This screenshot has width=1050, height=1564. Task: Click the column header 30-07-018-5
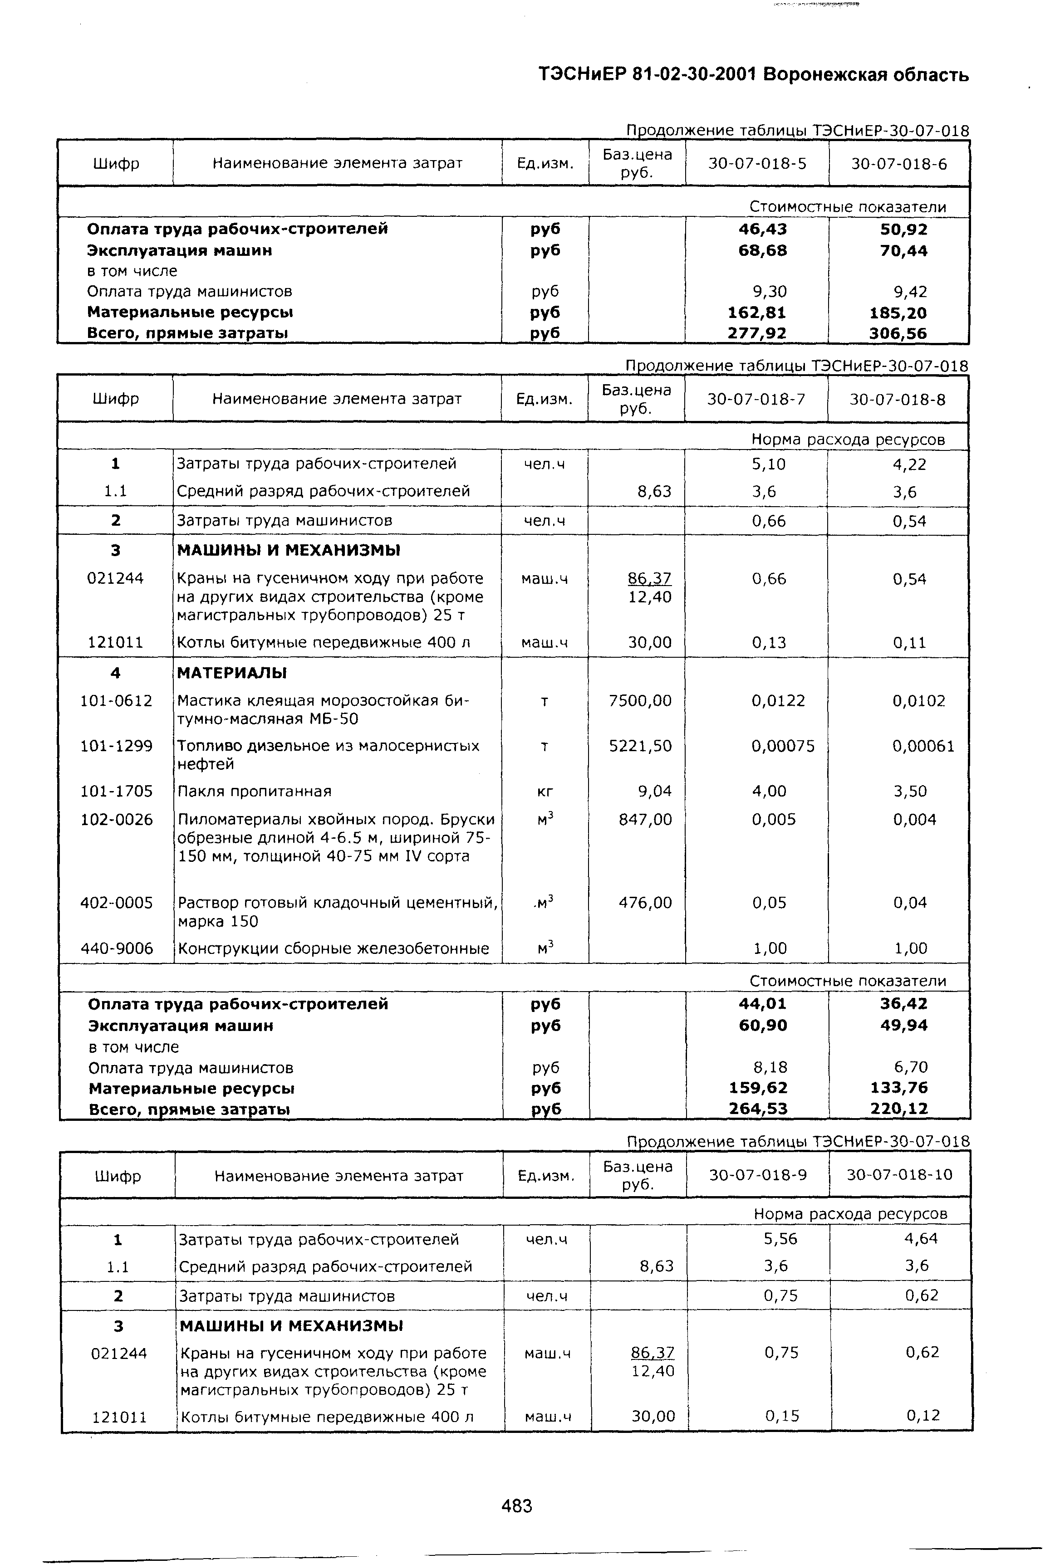[x=757, y=163]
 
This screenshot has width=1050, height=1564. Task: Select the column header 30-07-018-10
[x=899, y=1174]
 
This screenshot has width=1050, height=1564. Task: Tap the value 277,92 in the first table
[x=757, y=332]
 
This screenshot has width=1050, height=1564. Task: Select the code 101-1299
[x=117, y=746]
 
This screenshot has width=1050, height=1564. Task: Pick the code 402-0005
[x=117, y=903]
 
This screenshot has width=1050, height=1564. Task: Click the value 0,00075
[x=783, y=746]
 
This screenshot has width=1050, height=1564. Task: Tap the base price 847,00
[x=645, y=820]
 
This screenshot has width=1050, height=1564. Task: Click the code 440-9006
[x=117, y=948]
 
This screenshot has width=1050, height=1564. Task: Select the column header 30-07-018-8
[x=898, y=400]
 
